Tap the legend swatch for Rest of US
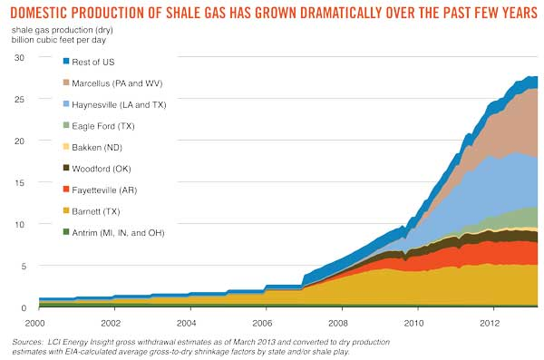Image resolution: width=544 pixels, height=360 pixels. click(x=67, y=62)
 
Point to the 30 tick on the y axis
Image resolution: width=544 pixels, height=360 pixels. click(x=18, y=57)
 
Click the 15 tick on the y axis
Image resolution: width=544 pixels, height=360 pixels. click(x=18, y=182)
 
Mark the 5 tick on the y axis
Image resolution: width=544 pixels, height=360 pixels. click(x=21, y=266)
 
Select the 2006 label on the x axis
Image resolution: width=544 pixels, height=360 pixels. click(x=264, y=323)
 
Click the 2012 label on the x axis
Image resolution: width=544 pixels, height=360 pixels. click(x=490, y=323)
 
